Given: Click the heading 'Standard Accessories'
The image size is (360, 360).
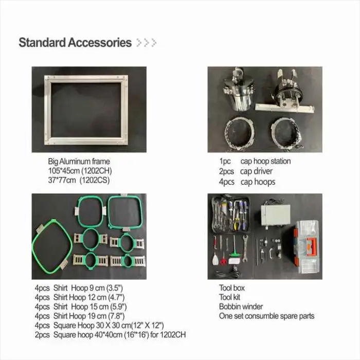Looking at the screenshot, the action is coord(75,43).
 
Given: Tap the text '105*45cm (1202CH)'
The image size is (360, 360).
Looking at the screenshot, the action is coord(80,171).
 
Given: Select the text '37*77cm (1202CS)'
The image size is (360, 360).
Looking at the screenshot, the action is coord(79,180).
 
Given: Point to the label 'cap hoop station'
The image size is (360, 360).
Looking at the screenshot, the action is coord(266,161).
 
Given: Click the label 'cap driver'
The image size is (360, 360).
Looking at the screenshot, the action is coord(256,171).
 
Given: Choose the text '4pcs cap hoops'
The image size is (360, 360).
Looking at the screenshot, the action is coord(247,182).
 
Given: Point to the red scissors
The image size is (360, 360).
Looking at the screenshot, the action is coord(223,259).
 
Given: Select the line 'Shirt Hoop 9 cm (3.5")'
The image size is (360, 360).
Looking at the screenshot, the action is coord(88,288).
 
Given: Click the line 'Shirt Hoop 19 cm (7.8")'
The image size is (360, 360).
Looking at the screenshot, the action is coord(89,316).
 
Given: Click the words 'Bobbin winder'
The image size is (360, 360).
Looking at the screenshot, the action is coord(241,307).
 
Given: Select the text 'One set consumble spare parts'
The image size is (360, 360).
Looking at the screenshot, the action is coord(266,316).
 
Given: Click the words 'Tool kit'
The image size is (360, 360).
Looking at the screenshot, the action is coord(229,297).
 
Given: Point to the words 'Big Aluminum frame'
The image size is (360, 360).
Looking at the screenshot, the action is coord(79,161).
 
